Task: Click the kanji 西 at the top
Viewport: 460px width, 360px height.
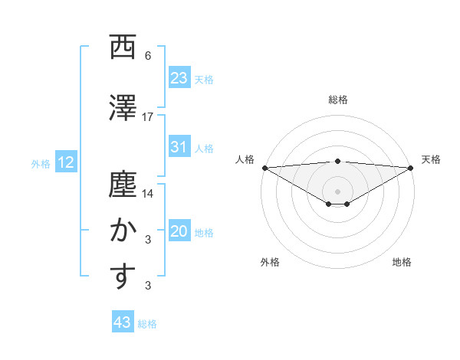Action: (120, 47)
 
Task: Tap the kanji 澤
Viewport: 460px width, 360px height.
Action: (120, 106)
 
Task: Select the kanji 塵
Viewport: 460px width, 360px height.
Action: (120, 185)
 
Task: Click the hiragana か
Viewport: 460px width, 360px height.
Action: (120, 231)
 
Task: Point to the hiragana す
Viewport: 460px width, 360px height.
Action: (120, 277)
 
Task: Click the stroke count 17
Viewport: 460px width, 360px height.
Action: (148, 117)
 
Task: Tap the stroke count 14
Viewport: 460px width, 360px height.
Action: (148, 195)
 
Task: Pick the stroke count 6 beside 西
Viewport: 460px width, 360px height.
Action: (148, 56)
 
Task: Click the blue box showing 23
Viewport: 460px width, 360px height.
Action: (179, 77)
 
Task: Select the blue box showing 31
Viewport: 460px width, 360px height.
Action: (179, 147)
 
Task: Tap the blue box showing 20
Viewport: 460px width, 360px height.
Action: (179, 231)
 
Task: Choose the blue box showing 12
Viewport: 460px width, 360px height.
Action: (66, 162)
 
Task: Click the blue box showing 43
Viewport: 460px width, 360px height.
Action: (122, 322)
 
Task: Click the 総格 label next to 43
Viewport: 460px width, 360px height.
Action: (147, 324)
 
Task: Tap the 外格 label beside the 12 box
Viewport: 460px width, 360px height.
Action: (41, 163)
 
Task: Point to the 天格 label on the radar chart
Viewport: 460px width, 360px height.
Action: (431, 159)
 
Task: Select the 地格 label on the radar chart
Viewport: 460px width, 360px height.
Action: (402, 262)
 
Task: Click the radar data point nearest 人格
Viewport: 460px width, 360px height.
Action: (264, 167)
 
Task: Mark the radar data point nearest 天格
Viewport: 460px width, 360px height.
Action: (411, 167)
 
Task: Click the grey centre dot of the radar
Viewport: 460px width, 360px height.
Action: (337, 189)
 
